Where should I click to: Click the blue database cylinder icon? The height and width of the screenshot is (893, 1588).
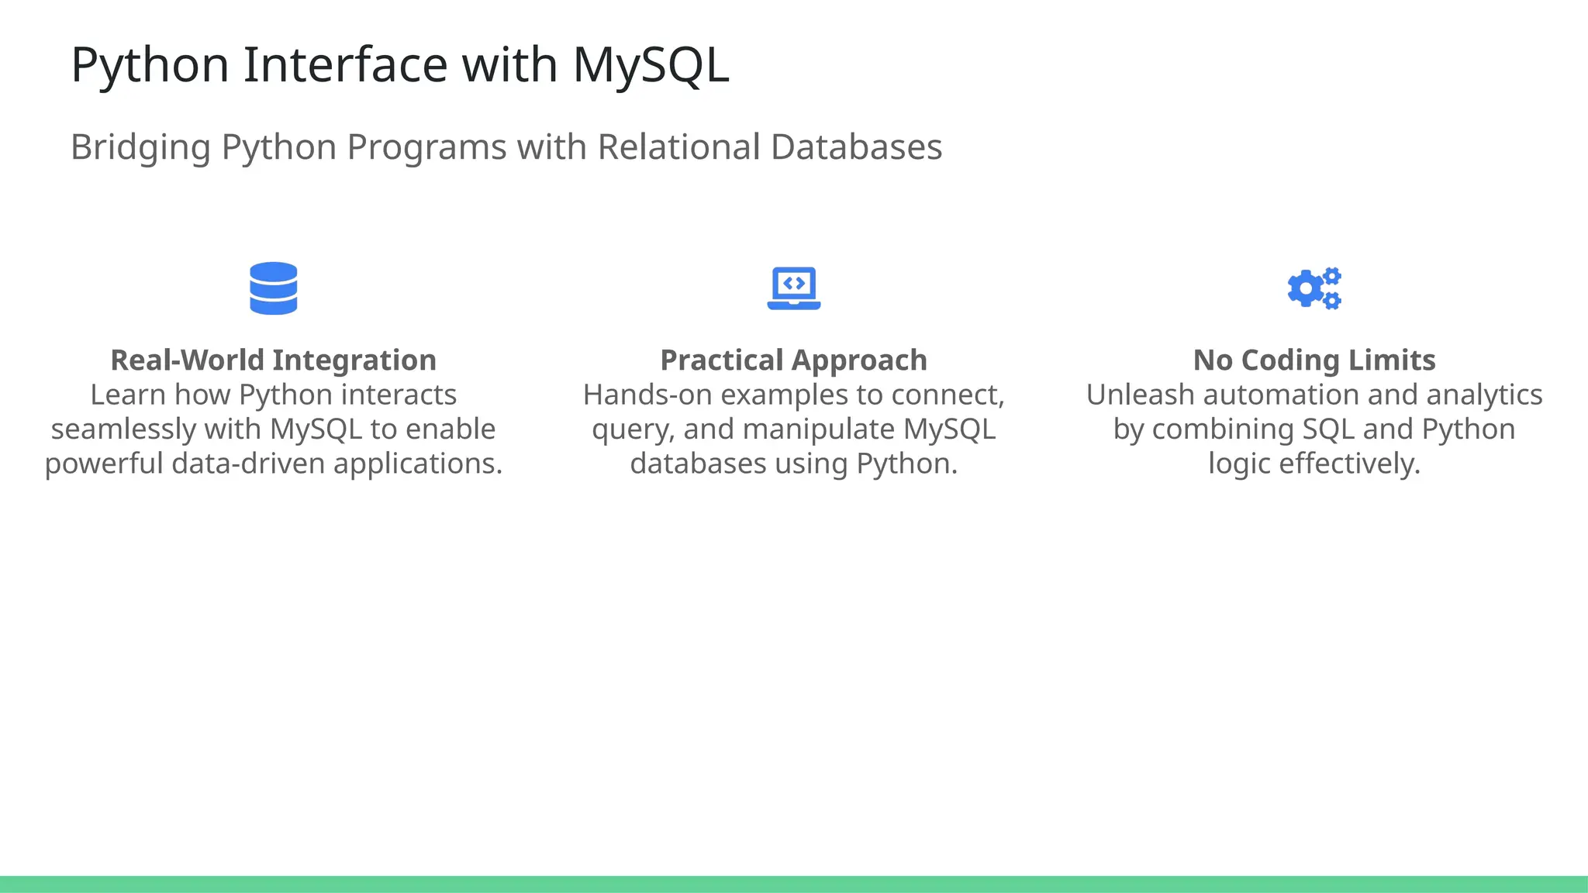[273, 288]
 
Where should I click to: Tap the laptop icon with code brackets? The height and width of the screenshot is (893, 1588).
[793, 288]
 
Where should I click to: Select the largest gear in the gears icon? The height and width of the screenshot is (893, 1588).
[1306, 289]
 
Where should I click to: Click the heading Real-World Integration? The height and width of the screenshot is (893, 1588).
[273, 360]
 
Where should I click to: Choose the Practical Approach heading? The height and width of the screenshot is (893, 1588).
[793, 360]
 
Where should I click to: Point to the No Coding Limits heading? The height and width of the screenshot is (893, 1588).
[1314, 360]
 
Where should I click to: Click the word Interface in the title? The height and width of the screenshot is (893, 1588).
[345, 64]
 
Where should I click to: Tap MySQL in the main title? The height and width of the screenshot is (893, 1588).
[651, 64]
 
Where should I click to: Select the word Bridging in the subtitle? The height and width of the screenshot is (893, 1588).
[140, 147]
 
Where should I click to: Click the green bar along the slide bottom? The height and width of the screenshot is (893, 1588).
[794, 884]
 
